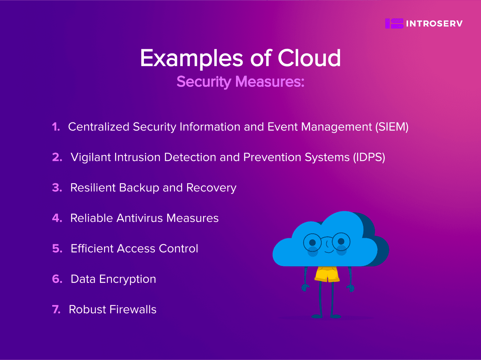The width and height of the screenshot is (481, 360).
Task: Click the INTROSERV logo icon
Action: coord(394,24)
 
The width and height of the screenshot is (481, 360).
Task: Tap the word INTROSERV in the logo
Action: coord(434,24)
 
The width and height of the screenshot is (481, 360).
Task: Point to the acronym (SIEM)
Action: coord(392,127)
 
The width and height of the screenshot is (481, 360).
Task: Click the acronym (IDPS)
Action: coord(369,157)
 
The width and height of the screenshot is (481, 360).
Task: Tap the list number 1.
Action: coord(56,127)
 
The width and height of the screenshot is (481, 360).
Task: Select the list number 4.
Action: coord(57,218)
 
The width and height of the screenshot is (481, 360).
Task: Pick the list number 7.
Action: coord(56,310)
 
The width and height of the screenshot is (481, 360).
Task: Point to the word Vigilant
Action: coord(91,157)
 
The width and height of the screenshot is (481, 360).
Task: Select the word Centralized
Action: coord(98,127)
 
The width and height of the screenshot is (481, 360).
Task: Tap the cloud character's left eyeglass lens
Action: coord(312,242)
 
